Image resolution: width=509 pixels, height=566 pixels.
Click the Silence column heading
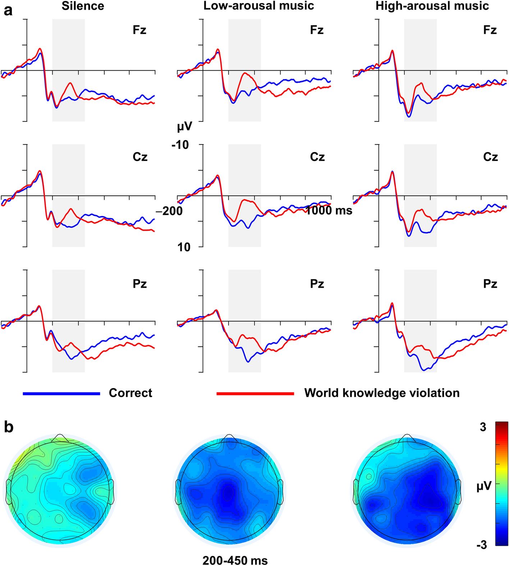click(83, 6)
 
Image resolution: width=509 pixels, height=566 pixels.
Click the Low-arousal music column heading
click(258, 6)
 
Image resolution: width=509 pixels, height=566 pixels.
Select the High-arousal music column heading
click(432, 6)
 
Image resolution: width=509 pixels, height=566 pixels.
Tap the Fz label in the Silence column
click(139, 30)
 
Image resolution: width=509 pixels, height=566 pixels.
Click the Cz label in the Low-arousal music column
click(317, 157)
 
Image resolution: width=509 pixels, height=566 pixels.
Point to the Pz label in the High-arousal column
click(490, 284)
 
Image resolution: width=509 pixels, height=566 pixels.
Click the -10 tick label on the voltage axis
click(180, 145)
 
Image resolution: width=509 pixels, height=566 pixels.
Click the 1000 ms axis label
click(329, 210)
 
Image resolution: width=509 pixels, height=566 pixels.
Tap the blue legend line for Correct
click(61, 394)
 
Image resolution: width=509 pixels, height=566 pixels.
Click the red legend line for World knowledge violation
click(255, 394)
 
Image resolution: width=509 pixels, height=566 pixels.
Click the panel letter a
click(8, 11)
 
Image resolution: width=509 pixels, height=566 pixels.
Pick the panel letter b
click(9, 427)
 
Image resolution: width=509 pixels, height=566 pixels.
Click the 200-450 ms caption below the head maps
click(235, 560)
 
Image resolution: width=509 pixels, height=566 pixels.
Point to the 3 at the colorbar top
click(483, 427)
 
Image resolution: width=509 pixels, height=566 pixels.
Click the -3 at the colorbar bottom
click(482, 545)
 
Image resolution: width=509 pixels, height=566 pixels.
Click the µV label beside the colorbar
click(484, 487)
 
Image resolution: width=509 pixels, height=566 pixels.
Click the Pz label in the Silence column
click(139, 284)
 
